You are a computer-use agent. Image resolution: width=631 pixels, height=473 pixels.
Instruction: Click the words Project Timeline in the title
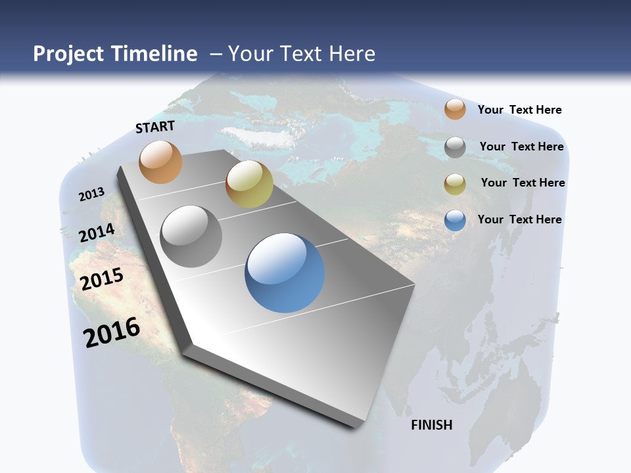[x=115, y=54]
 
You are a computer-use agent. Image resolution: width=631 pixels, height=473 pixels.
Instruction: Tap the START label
[x=155, y=127]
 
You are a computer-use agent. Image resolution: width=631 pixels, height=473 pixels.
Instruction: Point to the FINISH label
[x=432, y=425]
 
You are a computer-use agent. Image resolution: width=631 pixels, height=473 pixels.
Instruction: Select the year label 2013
[x=91, y=194]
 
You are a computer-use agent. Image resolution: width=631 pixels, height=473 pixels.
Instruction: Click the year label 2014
[x=97, y=233]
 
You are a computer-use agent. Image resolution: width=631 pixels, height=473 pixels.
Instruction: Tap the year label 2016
[x=112, y=332]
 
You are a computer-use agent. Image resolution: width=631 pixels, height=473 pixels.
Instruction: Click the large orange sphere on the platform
[x=160, y=162]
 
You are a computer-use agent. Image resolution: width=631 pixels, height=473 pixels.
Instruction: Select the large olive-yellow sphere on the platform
[x=249, y=184]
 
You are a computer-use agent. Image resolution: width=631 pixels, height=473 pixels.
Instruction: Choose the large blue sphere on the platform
[x=285, y=273]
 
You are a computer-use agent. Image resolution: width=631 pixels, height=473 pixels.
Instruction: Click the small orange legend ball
[x=455, y=109]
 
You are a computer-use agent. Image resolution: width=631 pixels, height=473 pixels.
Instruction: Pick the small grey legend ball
[x=455, y=147]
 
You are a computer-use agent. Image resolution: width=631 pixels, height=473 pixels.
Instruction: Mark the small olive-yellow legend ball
[x=455, y=184]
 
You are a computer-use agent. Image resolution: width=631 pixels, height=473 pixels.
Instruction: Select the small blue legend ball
[x=455, y=220]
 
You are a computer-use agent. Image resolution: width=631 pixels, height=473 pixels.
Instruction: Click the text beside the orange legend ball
[x=519, y=110]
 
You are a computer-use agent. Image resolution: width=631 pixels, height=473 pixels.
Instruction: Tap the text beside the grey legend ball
[x=521, y=146]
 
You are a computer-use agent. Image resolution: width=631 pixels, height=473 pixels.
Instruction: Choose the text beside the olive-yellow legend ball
[x=523, y=183]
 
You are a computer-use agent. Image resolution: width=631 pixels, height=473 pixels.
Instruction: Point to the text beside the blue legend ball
[x=519, y=219]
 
